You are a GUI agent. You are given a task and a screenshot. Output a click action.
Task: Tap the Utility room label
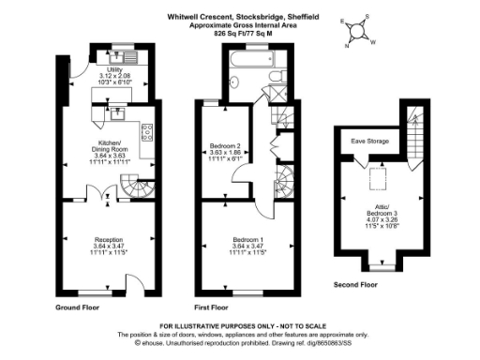pos(115,76)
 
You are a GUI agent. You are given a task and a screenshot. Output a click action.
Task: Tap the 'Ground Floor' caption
pos(78,307)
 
